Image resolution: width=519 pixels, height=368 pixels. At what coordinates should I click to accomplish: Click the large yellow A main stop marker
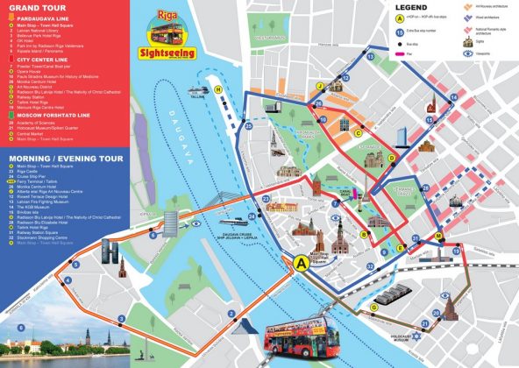[302, 262]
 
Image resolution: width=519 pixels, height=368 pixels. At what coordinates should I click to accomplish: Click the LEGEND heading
[387, 7]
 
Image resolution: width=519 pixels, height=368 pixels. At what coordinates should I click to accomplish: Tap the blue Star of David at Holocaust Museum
[417, 337]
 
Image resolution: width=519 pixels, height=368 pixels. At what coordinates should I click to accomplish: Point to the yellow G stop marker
[375, 307]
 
